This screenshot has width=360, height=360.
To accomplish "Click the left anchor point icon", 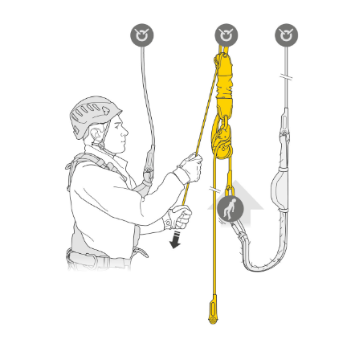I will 142,35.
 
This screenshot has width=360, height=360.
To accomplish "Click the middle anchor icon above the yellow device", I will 226,35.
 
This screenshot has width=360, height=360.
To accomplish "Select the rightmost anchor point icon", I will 286,35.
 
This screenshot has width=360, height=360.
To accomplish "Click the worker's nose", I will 126,132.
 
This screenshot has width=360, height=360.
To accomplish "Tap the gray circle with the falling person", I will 230,209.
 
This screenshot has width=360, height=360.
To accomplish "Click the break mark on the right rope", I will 286,77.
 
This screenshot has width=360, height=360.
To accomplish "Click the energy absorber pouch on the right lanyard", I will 279,190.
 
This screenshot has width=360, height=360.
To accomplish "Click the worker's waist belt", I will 100,258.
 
